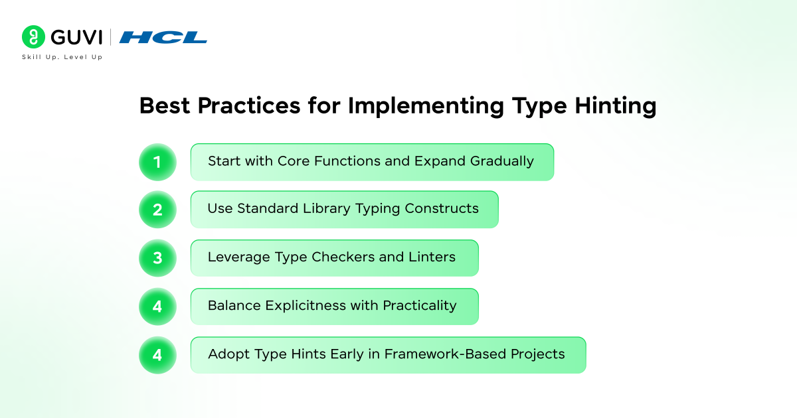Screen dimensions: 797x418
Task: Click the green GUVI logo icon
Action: (x=33, y=36)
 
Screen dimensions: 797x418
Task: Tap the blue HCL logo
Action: (x=163, y=37)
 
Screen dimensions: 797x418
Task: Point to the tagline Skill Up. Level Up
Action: (x=62, y=57)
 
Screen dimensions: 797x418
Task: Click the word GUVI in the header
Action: (x=76, y=37)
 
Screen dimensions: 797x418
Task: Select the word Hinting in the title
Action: (x=615, y=106)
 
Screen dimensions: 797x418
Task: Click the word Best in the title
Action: (x=165, y=105)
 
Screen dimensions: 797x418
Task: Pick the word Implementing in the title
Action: (x=426, y=106)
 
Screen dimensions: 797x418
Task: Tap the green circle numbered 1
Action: (x=157, y=162)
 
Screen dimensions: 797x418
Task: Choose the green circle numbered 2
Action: (x=157, y=210)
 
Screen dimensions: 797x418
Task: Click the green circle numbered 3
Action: (x=157, y=258)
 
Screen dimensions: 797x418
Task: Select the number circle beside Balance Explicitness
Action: (x=157, y=307)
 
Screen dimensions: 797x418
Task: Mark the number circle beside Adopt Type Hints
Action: (x=157, y=355)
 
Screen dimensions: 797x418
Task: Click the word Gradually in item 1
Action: (x=502, y=162)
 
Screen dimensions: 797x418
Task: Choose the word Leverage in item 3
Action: (x=238, y=257)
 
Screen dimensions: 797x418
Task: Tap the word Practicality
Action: (x=420, y=306)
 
